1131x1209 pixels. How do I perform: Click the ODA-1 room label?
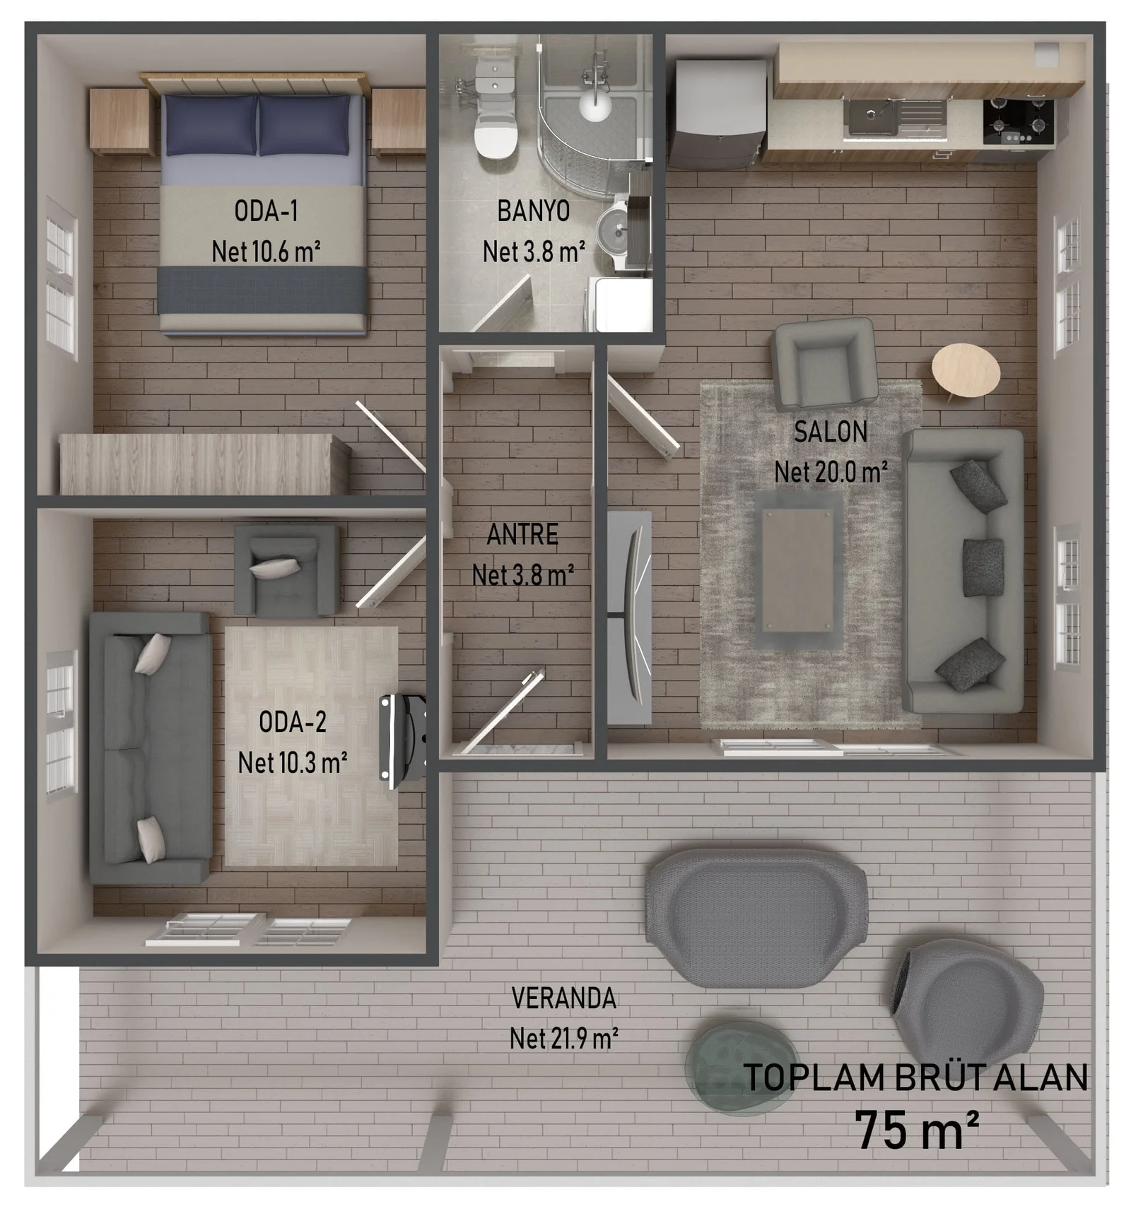tap(266, 211)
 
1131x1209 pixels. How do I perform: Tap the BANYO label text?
tap(533, 211)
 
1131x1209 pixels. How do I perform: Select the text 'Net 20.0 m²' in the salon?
tap(831, 472)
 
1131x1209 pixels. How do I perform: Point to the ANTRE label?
tap(522, 534)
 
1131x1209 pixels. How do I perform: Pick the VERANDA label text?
tap(563, 998)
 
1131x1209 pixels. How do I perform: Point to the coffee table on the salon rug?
tap(797, 571)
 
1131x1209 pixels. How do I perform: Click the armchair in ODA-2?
tap(286, 570)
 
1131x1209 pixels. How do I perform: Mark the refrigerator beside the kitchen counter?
tap(717, 113)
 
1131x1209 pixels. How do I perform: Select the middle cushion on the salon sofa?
tap(983, 567)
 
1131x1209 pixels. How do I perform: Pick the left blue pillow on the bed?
tap(211, 125)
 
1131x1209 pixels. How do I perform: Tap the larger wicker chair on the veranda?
tap(756, 917)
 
